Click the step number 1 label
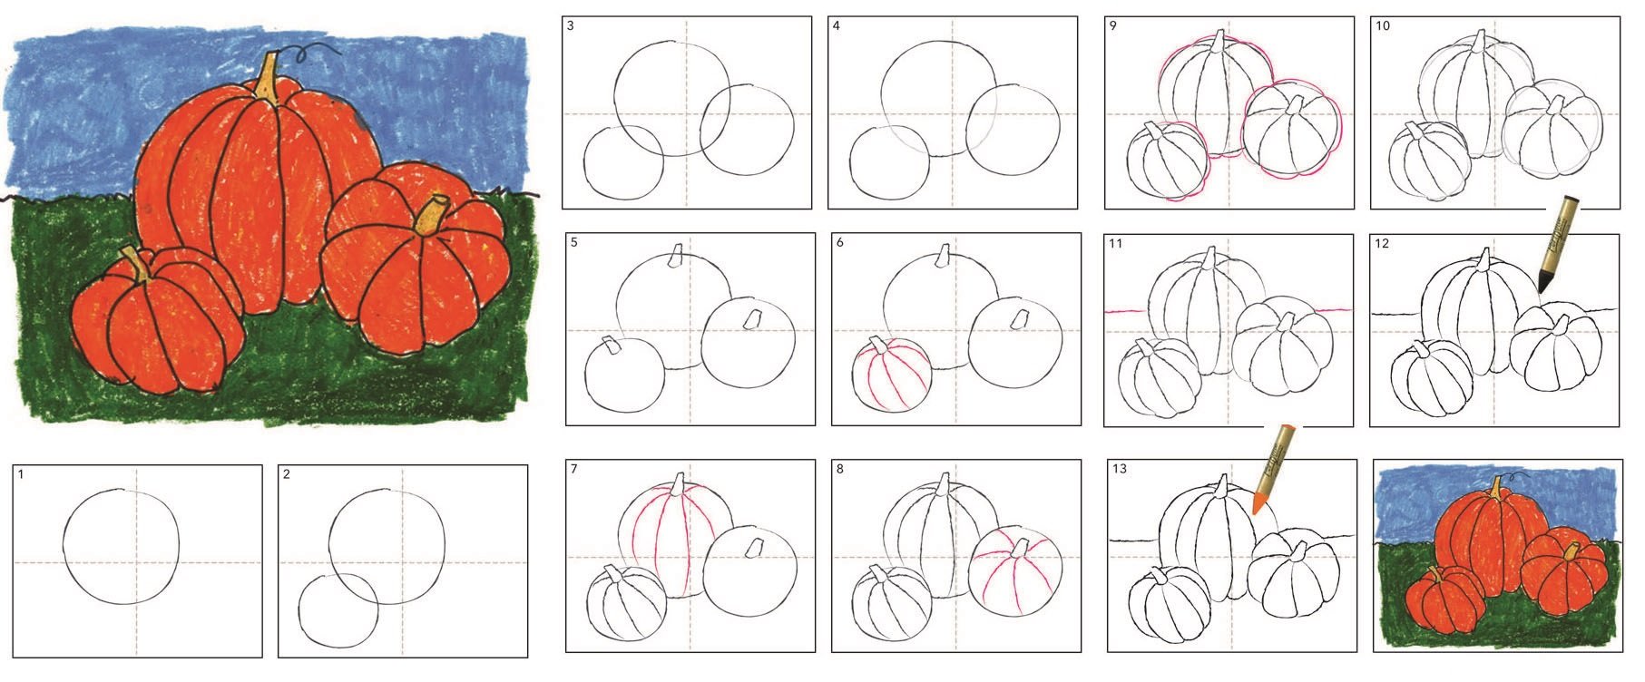point(21,473)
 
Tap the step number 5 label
point(574,242)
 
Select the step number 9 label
point(1113,25)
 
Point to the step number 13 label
point(1119,468)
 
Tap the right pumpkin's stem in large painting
point(430,216)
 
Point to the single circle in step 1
point(122,547)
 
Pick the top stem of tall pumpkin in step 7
point(680,484)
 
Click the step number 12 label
point(1383,243)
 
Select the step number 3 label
point(571,25)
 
